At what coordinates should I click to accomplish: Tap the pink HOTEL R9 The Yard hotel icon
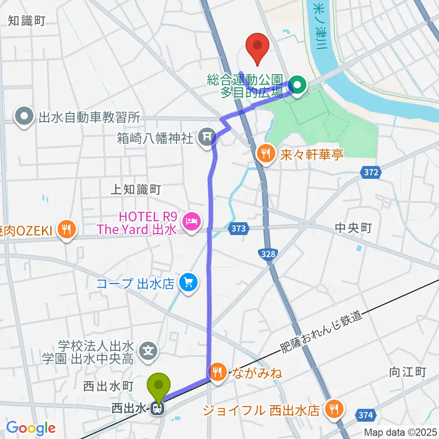pyautogui.click(x=190, y=222)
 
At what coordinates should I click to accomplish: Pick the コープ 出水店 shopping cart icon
pyautogui.click(x=188, y=283)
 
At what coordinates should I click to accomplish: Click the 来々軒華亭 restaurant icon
pyautogui.click(x=266, y=152)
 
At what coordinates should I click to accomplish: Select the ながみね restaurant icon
pyautogui.click(x=217, y=371)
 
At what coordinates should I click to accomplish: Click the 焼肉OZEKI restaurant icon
pyautogui.click(x=67, y=229)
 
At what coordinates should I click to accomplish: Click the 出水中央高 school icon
pyautogui.click(x=149, y=351)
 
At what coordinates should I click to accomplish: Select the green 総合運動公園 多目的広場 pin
pyautogui.click(x=298, y=85)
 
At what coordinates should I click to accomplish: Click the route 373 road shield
pyautogui.click(x=241, y=229)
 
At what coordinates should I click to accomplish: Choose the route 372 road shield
pyautogui.click(x=371, y=173)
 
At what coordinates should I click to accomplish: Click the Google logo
pyautogui.click(x=31, y=428)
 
